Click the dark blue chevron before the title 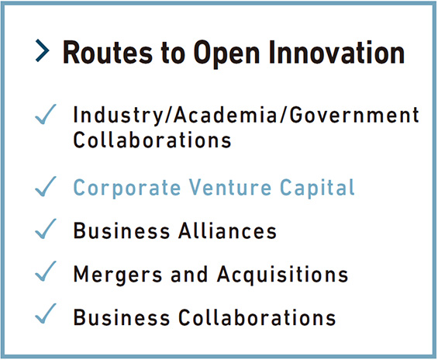43,51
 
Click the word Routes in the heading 108,53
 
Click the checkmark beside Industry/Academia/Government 46,114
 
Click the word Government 354,115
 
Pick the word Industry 118,115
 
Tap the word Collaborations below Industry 152,140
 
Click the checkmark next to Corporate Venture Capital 46,187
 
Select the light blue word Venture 230,187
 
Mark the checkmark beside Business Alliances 46,229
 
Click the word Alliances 228,230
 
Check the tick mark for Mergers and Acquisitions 46,272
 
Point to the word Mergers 118,275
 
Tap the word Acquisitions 283,275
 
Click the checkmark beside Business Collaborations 46,314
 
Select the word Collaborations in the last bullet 257,317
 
